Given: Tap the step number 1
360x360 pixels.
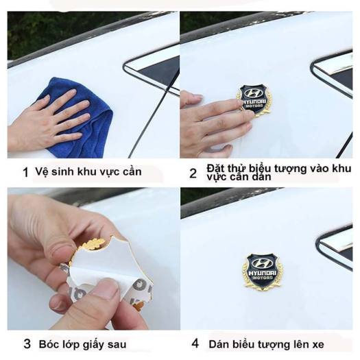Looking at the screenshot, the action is point(26,173).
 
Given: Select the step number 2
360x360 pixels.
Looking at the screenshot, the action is point(193,173).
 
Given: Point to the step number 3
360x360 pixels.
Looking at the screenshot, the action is point(27,344).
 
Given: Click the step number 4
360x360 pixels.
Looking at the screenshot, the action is point(195,344).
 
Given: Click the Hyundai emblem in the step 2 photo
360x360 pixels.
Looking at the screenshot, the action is point(254,100).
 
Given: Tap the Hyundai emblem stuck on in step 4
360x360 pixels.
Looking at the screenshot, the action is point(263,271).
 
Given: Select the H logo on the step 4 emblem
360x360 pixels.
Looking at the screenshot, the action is point(262,263).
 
